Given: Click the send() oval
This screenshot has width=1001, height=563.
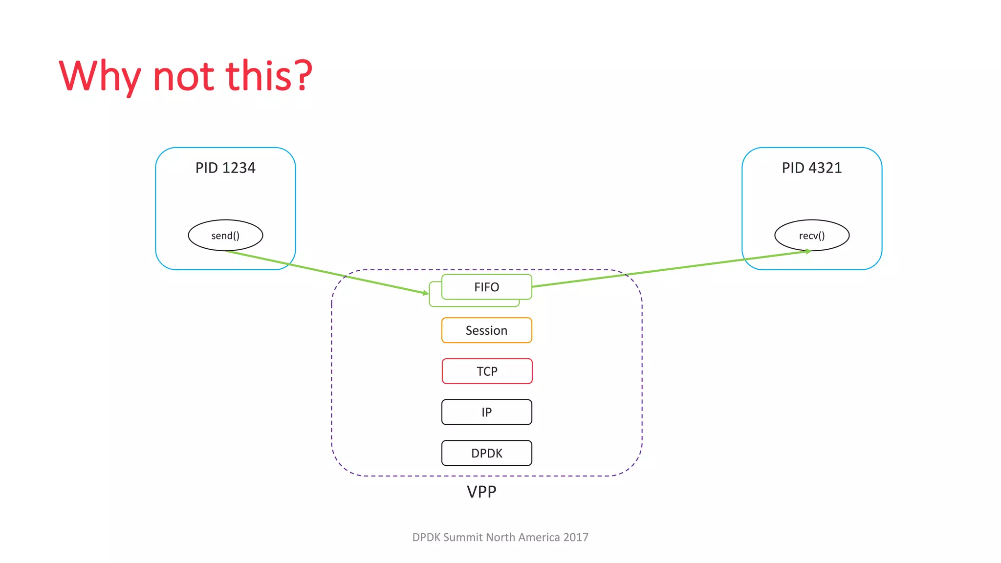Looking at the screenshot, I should (225, 236).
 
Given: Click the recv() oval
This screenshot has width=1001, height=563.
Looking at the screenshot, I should (811, 236).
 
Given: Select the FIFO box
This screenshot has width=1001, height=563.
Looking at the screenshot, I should (486, 287).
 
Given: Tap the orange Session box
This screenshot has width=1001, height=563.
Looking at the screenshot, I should (486, 330).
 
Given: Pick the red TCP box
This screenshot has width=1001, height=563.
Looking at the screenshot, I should (487, 371).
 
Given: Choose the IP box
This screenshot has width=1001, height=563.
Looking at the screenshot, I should (486, 412).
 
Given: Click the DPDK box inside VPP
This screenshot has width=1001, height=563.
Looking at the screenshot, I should (486, 453).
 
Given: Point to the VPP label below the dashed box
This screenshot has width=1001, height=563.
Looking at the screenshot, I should (481, 492).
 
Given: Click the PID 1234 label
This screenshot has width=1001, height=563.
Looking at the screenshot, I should (225, 168).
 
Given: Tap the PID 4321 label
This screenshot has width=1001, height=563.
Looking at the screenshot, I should (811, 168).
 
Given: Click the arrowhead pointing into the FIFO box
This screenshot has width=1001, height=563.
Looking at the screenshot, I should (426, 293).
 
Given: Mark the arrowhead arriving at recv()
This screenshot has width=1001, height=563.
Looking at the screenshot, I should (808, 251).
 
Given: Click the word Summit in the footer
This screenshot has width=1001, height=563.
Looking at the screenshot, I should (462, 537).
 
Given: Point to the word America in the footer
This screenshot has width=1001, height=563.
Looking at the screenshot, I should (539, 537).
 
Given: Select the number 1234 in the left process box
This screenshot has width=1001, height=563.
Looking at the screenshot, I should (239, 168).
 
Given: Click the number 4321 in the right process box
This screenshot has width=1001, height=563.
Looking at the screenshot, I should (825, 168).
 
